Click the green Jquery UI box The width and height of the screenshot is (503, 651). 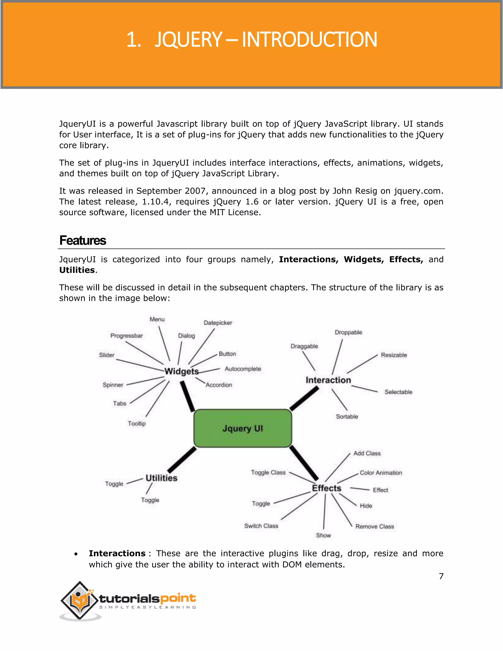(243, 428)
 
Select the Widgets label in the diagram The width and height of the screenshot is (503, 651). (182, 371)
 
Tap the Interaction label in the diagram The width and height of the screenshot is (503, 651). (328, 380)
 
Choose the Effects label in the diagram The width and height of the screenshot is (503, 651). (327, 488)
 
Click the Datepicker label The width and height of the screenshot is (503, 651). (218, 323)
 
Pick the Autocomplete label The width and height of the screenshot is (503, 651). (243, 369)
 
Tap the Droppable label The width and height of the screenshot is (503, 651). (348, 332)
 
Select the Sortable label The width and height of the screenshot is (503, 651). (347, 417)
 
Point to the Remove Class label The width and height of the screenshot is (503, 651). (375, 527)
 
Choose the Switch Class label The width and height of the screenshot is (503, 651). (261, 526)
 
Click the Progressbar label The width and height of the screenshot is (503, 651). (127, 336)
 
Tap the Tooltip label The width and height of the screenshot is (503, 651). (137, 424)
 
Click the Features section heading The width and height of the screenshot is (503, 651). (83, 241)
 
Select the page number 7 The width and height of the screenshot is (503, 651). (441, 576)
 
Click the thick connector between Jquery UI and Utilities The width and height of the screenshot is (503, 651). (182, 460)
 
